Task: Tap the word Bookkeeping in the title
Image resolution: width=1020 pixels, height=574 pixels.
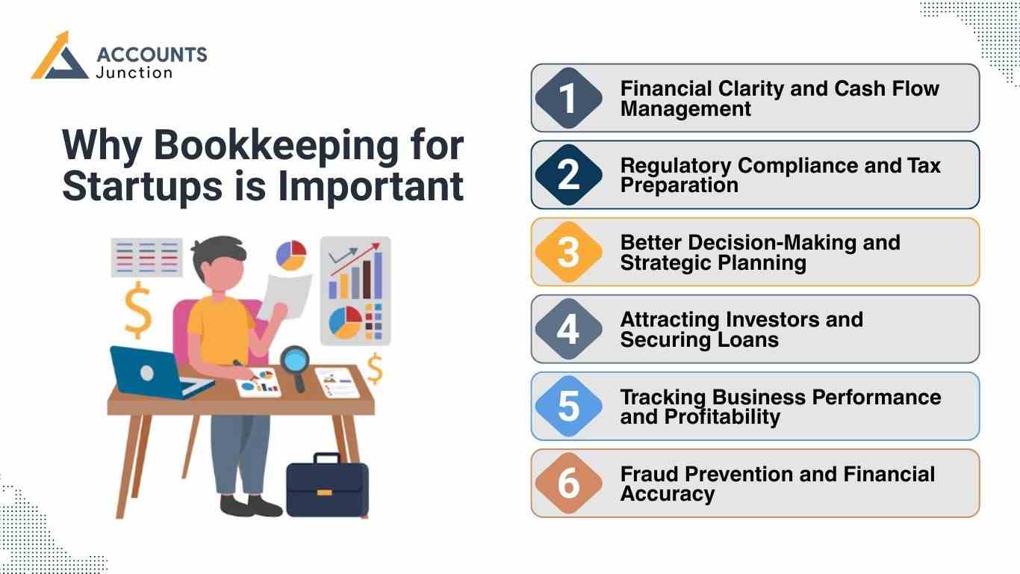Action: pyautogui.click(x=276, y=146)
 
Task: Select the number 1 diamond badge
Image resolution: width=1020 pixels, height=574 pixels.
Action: pyautogui.click(x=568, y=99)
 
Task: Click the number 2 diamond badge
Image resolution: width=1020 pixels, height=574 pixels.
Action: pyautogui.click(x=568, y=175)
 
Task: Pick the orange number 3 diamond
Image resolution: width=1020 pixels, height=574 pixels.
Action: pyautogui.click(x=568, y=253)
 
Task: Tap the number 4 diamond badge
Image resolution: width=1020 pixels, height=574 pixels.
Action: pyautogui.click(x=568, y=330)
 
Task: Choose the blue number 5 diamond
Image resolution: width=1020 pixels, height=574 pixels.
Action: pyautogui.click(x=568, y=407)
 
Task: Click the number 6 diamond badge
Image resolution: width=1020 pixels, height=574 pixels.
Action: pyautogui.click(x=568, y=484)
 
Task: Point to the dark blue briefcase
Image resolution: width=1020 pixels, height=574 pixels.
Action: pyautogui.click(x=327, y=487)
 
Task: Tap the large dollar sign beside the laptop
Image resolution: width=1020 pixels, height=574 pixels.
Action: pyautogui.click(x=138, y=310)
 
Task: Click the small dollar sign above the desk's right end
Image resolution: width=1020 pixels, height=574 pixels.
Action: pyautogui.click(x=374, y=368)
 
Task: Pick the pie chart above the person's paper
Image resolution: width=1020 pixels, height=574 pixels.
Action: pyautogui.click(x=291, y=254)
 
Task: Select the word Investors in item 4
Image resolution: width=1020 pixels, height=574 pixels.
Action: pyautogui.click(x=771, y=320)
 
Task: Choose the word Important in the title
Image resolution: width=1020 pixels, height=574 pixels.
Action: pyautogui.click(x=371, y=187)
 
